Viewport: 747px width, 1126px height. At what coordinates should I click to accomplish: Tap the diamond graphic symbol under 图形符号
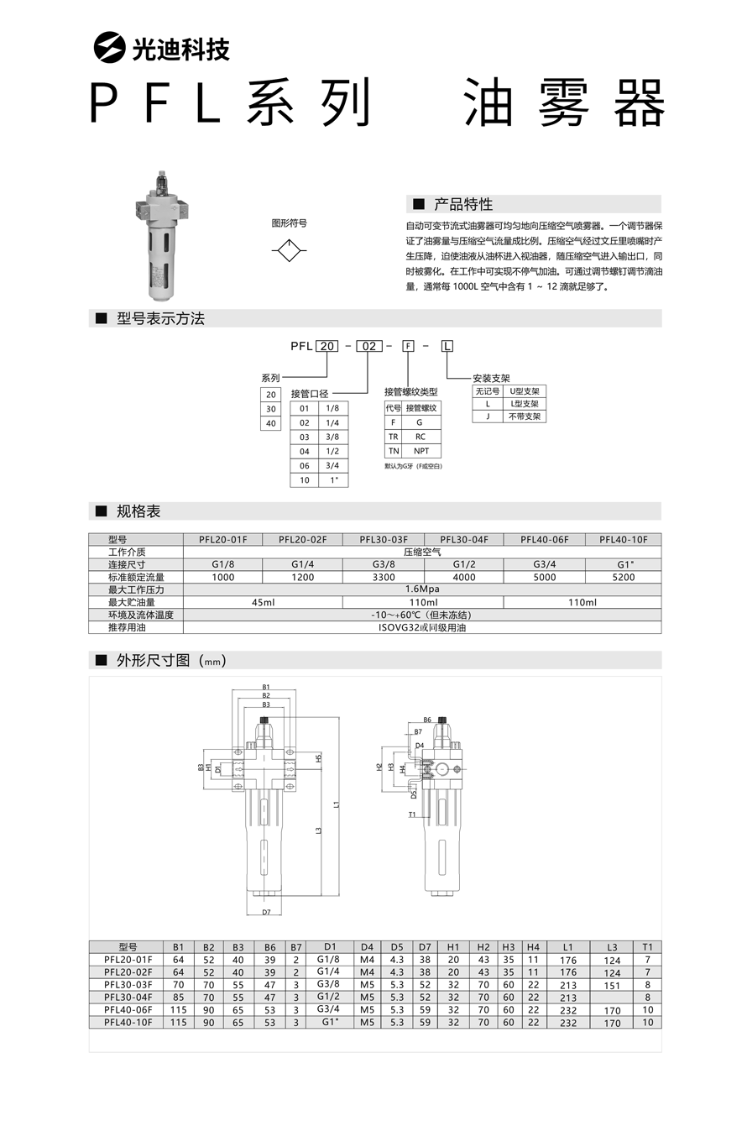point(289,251)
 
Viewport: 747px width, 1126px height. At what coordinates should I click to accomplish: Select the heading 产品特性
point(463,204)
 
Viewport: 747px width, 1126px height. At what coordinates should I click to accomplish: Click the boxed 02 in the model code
point(369,346)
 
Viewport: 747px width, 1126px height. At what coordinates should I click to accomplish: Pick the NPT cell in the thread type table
point(421,452)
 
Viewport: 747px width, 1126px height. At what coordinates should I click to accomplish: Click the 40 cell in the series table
point(270,424)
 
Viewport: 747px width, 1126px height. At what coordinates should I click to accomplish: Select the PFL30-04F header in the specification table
point(464,540)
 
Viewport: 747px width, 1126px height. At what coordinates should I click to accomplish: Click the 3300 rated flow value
point(384,578)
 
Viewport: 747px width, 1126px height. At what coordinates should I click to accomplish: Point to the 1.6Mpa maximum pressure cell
point(422,589)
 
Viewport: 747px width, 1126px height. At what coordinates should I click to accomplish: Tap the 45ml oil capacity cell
point(263,602)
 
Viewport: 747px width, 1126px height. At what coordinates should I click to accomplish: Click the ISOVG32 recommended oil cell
point(422,627)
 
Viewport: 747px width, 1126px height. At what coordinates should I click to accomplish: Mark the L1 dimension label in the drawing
point(337,804)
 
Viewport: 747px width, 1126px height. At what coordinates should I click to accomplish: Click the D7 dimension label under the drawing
point(266,912)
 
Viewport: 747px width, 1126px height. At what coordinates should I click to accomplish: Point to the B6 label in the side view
point(427,720)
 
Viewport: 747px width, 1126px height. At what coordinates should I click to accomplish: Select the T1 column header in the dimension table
point(647,946)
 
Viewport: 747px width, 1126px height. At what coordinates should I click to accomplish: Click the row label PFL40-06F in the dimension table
point(128,1009)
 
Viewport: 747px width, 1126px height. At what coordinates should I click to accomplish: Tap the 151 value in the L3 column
point(612,984)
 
